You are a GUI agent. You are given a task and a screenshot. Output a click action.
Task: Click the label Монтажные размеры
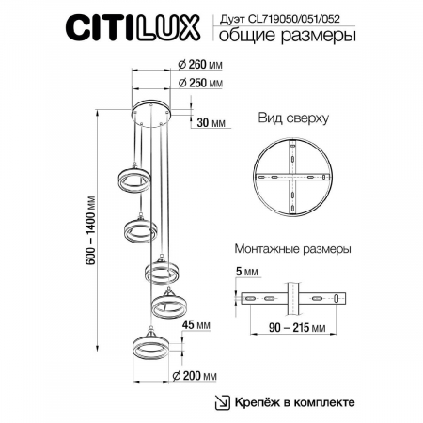coord(291,251)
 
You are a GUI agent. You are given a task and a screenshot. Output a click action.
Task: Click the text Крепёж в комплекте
coord(295,402)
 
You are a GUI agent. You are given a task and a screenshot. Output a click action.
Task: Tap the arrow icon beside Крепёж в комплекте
coord(223,402)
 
